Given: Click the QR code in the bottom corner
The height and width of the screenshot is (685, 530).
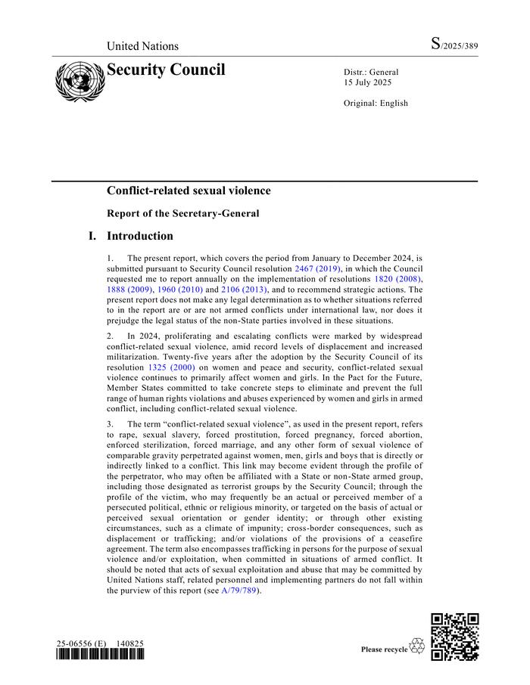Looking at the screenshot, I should [x=454, y=637].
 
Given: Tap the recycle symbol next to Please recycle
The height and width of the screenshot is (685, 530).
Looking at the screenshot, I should [x=417, y=647].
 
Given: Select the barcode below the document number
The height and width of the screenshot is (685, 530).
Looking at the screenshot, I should [x=99, y=655].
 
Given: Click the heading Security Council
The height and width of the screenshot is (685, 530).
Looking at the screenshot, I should [x=166, y=70].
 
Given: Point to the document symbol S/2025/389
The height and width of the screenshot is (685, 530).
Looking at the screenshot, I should [x=454, y=45].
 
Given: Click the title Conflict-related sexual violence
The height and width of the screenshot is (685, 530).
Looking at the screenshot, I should [x=189, y=191].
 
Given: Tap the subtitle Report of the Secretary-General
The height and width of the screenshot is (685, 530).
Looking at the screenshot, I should [x=182, y=213].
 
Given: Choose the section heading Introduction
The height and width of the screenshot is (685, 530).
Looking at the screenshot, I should [x=139, y=236].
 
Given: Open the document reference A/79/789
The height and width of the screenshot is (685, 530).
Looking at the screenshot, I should [x=239, y=590].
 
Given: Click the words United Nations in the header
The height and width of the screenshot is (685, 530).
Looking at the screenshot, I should [x=142, y=46].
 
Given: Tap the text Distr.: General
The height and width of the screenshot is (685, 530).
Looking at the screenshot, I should [x=371, y=73].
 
